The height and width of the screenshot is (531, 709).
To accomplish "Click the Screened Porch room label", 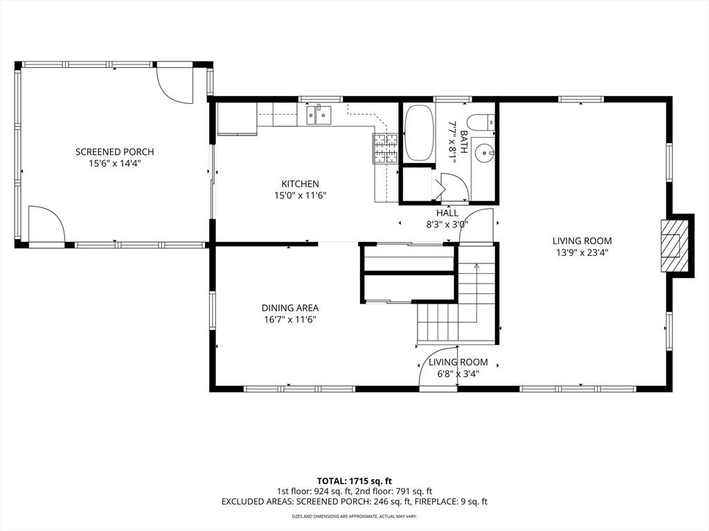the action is [x=114, y=151].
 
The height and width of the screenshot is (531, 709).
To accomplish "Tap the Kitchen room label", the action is [x=300, y=184].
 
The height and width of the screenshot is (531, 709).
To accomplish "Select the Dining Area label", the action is [x=290, y=308].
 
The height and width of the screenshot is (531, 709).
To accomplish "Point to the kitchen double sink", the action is [x=318, y=115].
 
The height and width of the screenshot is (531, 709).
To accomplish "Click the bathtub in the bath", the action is [x=418, y=133].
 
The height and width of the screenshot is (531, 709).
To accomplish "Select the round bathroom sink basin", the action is [x=485, y=153].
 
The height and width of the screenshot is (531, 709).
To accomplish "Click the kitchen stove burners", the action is [x=385, y=149].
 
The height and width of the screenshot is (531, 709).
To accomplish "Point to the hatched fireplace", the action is [x=675, y=245].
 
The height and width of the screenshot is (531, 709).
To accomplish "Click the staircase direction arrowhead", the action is [x=476, y=266].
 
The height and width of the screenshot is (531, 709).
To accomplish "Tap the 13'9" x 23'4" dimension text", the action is [x=582, y=252].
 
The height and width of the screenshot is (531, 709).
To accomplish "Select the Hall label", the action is [x=447, y=213].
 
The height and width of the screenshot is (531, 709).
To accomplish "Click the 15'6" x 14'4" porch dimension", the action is [x=115, y=163].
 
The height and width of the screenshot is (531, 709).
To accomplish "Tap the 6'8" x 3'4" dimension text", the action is [x=458, y=373].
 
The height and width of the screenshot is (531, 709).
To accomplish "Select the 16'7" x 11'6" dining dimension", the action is [x=290, y=319].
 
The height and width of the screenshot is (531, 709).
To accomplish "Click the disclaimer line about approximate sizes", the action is [x=354, y=516].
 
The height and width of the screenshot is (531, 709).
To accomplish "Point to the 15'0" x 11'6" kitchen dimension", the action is [x=300, y=196].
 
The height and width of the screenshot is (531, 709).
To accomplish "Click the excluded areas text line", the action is [x=354, y=501].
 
